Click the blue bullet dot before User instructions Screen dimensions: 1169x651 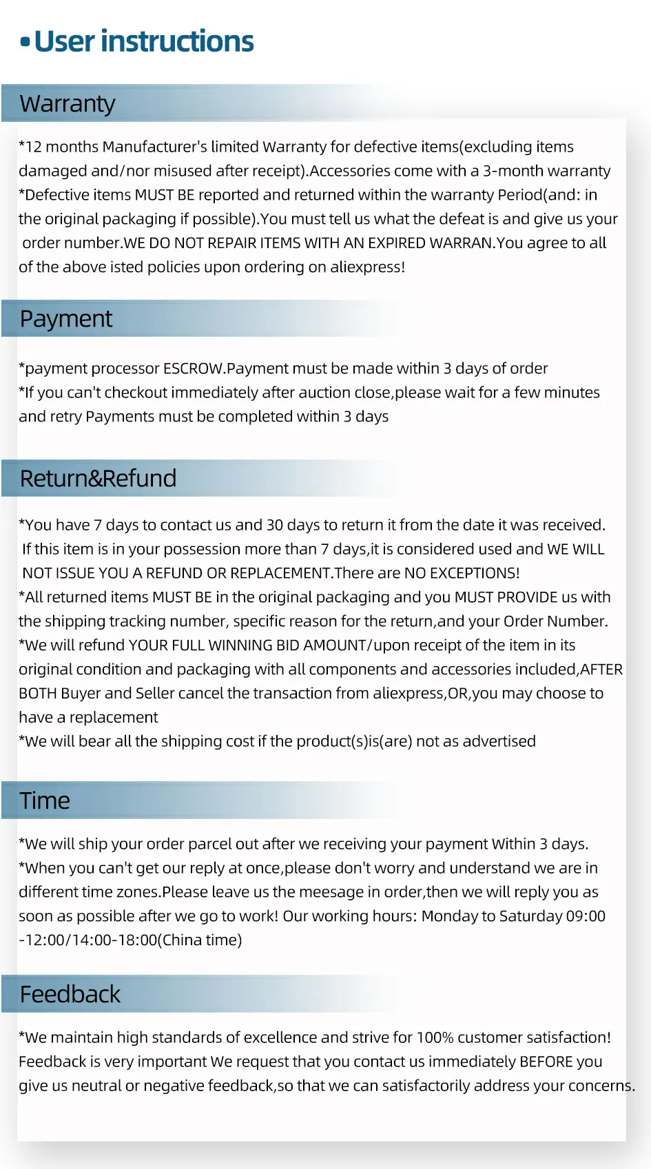(x=25, y=43)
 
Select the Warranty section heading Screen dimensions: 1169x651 (x=68, y=104)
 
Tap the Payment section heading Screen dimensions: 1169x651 (x=66, y=319)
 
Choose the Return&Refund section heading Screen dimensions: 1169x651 (x=98, y=479)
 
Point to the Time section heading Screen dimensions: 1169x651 (x=45, y=801)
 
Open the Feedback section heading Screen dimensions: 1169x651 (x=70, y=995)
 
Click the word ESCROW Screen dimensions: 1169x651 (x=193, y=369)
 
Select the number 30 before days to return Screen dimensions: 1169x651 (x=275, y=525)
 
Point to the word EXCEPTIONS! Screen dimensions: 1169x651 (x=475, y=573)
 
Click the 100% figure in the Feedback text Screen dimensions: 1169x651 (x=435, y=1037)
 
